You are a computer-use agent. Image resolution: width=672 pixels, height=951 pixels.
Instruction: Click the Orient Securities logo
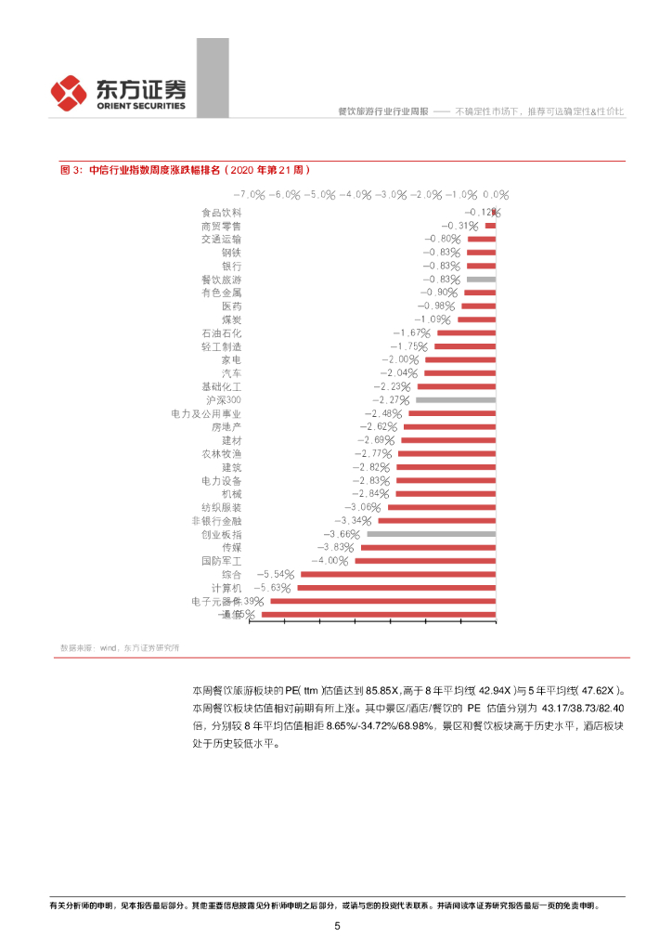click(118, 92)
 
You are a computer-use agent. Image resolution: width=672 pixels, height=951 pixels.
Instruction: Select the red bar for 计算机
click(396, 588)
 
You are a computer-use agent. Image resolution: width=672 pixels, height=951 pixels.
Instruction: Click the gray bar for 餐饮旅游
click(481, 279)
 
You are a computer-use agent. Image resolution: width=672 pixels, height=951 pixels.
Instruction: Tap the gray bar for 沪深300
click(455, 399)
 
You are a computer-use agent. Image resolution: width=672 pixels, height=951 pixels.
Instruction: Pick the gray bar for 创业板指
click(432, 534)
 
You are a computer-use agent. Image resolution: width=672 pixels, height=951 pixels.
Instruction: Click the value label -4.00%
click(330, 561)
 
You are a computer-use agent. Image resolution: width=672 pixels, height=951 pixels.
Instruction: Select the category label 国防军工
click(221, 561)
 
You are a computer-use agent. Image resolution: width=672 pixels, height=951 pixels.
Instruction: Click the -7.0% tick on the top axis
click(249, 195)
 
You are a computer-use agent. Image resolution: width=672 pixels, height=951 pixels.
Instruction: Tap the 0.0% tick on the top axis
click(496, 195)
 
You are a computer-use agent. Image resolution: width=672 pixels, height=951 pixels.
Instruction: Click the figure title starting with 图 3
click(185, 170)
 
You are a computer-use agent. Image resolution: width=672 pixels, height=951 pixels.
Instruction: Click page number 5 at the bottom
click(337, 926)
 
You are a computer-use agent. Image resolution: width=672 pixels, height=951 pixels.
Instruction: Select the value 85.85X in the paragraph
click(381, 691)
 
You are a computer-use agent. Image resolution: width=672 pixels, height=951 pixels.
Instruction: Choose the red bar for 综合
click(398, 575)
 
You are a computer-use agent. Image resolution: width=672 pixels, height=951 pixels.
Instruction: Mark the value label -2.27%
click(393, 399)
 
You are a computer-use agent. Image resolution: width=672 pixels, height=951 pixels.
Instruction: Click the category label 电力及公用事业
click(206, 413)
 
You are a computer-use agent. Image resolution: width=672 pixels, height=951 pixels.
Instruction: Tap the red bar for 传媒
click(428, 548)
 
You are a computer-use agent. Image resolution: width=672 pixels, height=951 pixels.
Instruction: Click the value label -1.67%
click(412, 332)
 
